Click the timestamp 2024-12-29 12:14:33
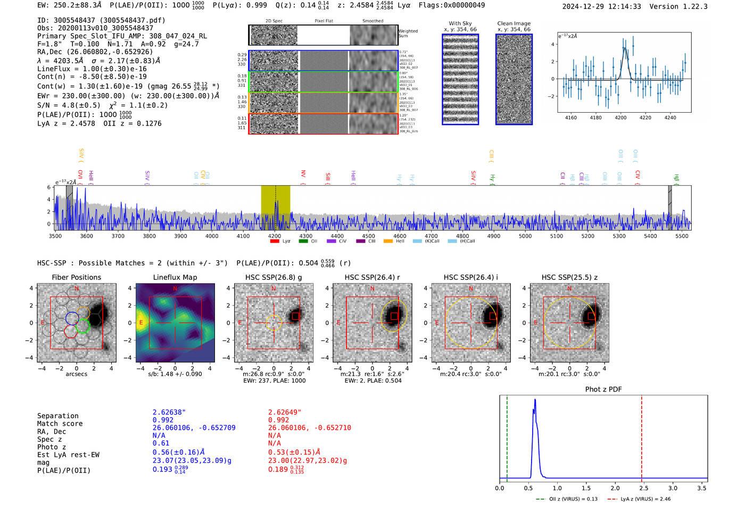(x=601, y=6)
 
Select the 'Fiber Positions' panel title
(x=76, y=277)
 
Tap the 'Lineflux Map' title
(x=175, y=277)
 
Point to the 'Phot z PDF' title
(x=603, y=389)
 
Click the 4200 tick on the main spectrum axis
(x=275, y=236)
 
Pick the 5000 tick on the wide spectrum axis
(x=525, y=236)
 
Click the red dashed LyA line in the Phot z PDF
(x=641, y=436)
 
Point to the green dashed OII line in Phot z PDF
(x=507, y=436)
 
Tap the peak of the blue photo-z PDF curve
(x=535, y=400)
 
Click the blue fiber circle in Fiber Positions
(x=72, y=318)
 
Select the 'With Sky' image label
(x=460, y=23)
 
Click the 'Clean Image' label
(x=514, y=23)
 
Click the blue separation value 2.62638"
(x=169, y=412)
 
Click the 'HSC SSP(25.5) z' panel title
(x=569, y=277)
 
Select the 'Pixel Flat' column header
(x=324, y=21)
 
